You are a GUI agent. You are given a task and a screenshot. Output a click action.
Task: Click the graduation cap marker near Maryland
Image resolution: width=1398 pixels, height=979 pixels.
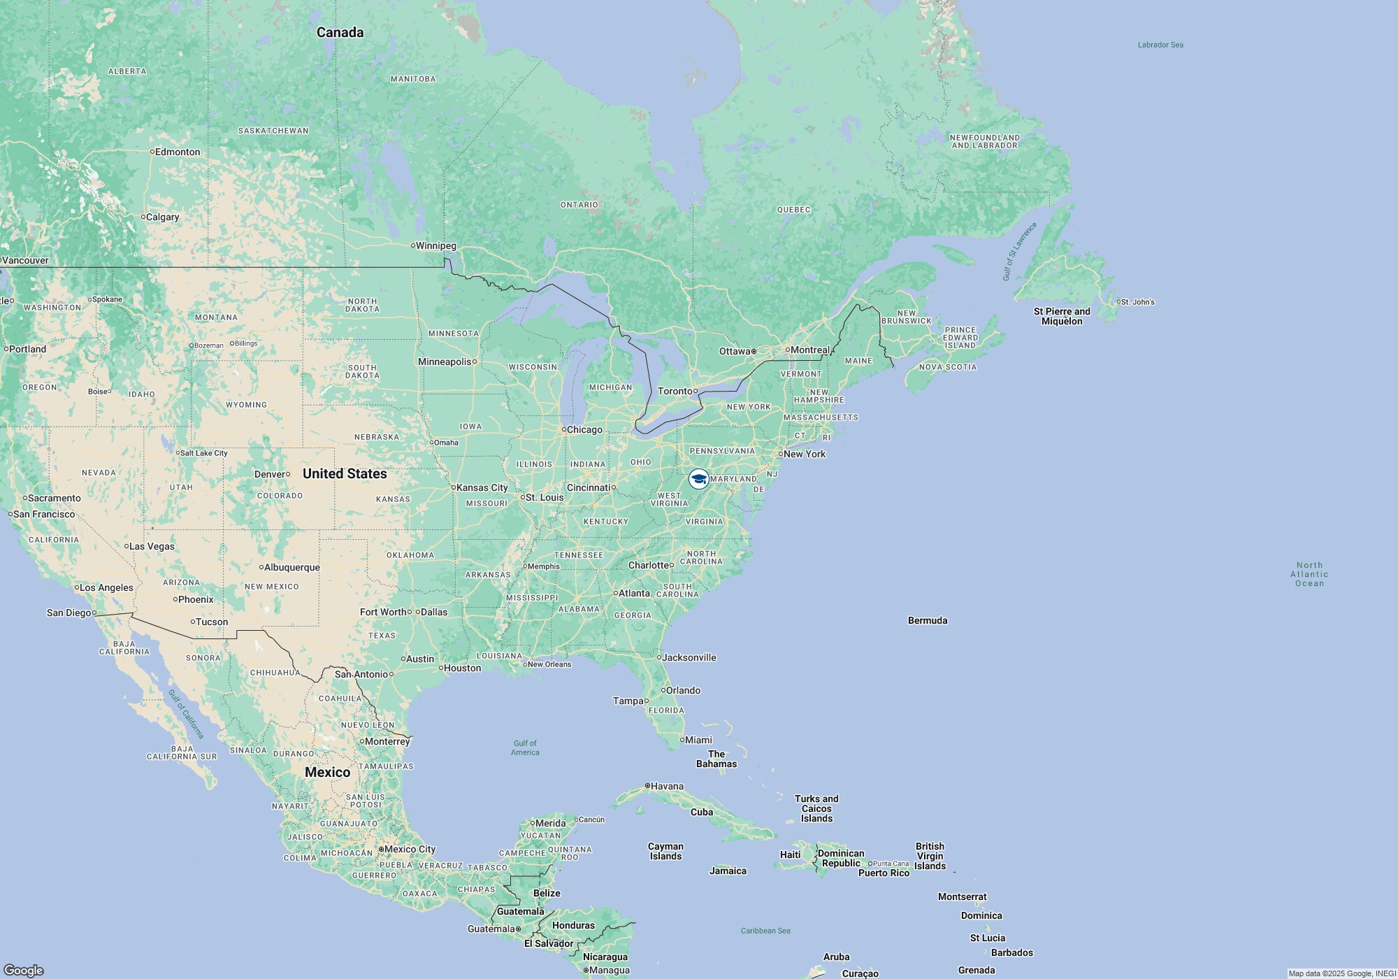(x=698, y=479)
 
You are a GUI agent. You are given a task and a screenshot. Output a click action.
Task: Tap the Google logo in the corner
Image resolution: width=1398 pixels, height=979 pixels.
(x=23, y=970)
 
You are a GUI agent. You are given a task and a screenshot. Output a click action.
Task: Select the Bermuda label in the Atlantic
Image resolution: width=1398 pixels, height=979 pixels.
(x=928, y=620)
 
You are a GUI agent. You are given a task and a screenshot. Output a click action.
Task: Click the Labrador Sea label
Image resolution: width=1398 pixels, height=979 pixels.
(x=1160, y=45)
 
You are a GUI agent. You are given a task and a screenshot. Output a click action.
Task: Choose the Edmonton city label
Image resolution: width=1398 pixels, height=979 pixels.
(x=178, y=152)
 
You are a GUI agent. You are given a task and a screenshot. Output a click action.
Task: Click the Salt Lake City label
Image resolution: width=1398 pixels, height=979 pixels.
(x=203, y=453)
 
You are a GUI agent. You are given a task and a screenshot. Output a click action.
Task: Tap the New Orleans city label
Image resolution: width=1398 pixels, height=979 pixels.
(x=549, y=664)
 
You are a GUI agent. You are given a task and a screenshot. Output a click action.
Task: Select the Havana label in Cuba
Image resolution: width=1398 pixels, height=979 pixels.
(x=667, y=786)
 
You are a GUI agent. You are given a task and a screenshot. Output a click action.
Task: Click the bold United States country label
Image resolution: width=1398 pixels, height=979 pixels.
(x=345, y=473)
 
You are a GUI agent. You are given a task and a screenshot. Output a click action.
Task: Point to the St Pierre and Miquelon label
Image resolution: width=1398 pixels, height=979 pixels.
(x=1062, y=316)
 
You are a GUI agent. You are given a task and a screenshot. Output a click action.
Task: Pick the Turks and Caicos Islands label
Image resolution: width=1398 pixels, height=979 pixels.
(x=816, y=808)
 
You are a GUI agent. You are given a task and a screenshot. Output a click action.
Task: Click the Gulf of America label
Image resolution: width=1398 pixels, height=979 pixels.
(x=525, y=748)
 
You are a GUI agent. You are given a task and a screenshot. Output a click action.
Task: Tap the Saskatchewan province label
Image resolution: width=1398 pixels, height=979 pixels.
(x=273, y=131)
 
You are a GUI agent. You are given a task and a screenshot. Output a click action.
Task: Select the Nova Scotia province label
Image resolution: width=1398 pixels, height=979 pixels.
(x=948, y=367)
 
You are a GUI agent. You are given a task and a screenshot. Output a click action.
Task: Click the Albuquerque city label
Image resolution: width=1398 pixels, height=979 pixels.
(x=291, y=567)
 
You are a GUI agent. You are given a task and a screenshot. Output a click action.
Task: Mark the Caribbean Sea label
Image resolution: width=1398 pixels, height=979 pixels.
(x=765, y=931)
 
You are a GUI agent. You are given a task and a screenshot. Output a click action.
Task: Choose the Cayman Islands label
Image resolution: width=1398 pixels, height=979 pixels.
(x=665, y=851)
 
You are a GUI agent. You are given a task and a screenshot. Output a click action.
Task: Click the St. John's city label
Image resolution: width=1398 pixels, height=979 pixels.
(x=1138, y=302)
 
